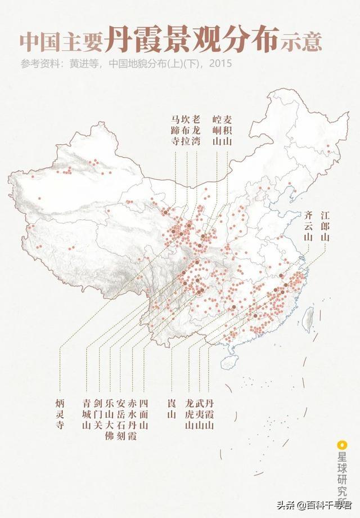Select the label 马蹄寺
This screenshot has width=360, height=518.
174,130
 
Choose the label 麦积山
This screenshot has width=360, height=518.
227,130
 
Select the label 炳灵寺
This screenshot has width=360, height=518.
60,414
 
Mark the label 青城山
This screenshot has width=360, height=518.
87,414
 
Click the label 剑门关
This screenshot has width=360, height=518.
98,414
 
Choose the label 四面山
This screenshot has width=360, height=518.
144,414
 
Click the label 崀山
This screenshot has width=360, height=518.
171,409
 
